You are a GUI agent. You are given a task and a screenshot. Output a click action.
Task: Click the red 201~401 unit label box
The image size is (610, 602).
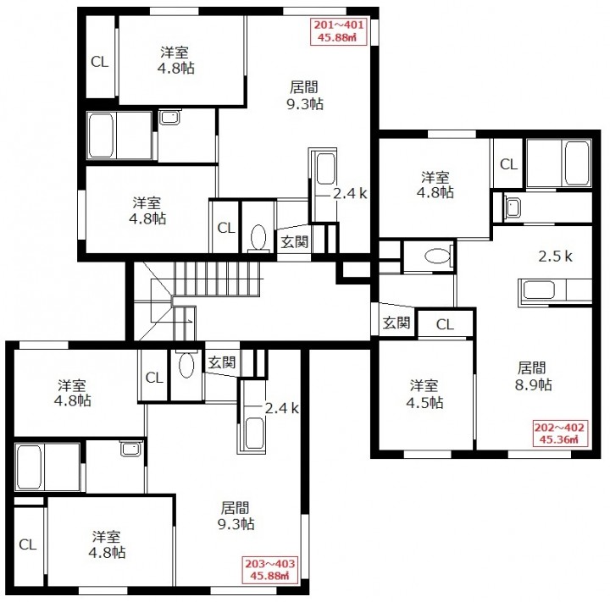338,31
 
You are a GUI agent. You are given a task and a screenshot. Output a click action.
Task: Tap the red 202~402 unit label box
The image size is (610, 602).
559,434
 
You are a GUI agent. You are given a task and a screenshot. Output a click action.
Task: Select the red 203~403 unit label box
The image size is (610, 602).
269,570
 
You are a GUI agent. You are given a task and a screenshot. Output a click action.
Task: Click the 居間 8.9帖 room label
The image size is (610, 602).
533,376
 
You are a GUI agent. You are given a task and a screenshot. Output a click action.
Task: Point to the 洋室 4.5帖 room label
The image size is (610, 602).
424,394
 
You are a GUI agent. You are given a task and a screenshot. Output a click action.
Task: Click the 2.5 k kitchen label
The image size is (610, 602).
555,257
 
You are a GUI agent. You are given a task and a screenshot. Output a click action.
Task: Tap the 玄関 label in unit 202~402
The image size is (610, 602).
396,323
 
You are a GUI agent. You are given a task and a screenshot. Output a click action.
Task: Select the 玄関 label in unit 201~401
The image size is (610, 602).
295,242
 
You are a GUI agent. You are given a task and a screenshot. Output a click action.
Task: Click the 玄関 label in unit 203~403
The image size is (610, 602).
222,362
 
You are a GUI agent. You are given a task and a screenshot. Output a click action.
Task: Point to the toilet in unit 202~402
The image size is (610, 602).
438,257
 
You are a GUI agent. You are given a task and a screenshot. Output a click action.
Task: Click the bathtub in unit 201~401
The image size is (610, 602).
101,135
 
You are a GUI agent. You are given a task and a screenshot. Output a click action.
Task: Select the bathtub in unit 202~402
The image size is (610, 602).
577,163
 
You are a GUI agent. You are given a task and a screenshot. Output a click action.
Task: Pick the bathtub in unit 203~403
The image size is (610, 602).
29,467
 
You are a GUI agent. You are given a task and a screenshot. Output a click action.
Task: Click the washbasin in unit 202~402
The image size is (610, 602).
513,207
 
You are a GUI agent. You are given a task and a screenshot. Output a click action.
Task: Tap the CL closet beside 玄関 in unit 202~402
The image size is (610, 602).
445,324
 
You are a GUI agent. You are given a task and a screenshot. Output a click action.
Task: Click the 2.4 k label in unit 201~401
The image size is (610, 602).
350,193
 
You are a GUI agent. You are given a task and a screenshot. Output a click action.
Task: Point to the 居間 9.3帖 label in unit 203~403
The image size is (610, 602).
236,516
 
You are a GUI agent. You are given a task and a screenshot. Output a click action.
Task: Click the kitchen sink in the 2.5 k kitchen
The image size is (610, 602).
539,290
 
